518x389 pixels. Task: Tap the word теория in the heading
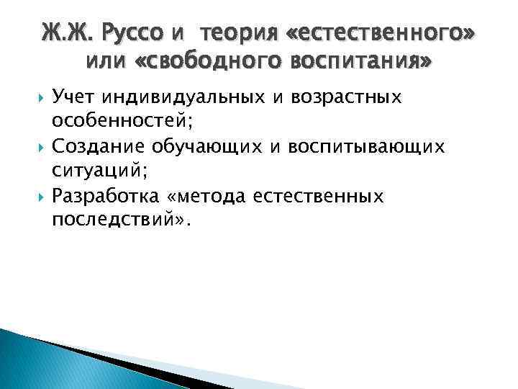[235, 32]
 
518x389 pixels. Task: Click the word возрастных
[361, 98]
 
